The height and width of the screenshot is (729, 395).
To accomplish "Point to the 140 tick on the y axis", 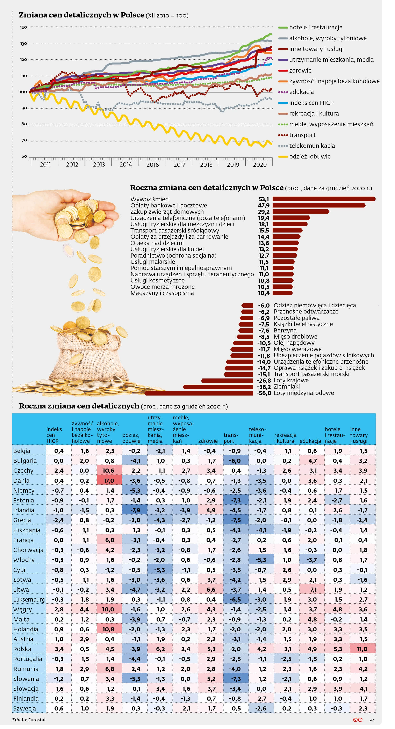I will tap(23, 28).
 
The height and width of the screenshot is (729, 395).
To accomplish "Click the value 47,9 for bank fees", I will tap(264, 205).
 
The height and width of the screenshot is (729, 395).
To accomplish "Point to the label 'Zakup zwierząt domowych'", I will tap(167, 212).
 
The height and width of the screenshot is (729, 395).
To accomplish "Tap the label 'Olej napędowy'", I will tap(294, 343).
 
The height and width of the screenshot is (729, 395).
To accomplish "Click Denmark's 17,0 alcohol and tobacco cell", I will tap(109, 481).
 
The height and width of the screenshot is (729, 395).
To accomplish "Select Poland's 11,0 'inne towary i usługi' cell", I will tap(362, 649).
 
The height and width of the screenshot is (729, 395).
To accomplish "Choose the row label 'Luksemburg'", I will tap(29, 600).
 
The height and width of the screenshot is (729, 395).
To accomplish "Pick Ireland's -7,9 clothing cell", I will tap(135, 510).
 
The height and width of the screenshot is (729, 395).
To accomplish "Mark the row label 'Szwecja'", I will tap(25, 709).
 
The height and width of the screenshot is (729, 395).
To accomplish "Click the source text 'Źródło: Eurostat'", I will tap(29, 720).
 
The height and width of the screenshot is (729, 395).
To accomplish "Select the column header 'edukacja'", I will tap(310, 441).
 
